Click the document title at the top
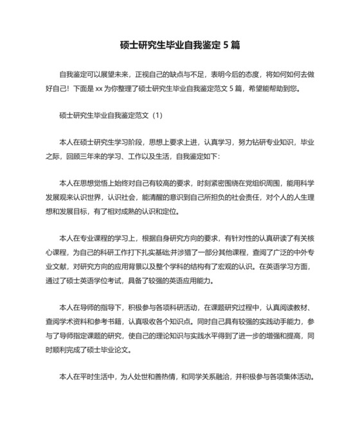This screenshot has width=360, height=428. tap(180, 45)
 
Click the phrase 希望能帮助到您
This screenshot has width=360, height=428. tap(277, 89)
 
